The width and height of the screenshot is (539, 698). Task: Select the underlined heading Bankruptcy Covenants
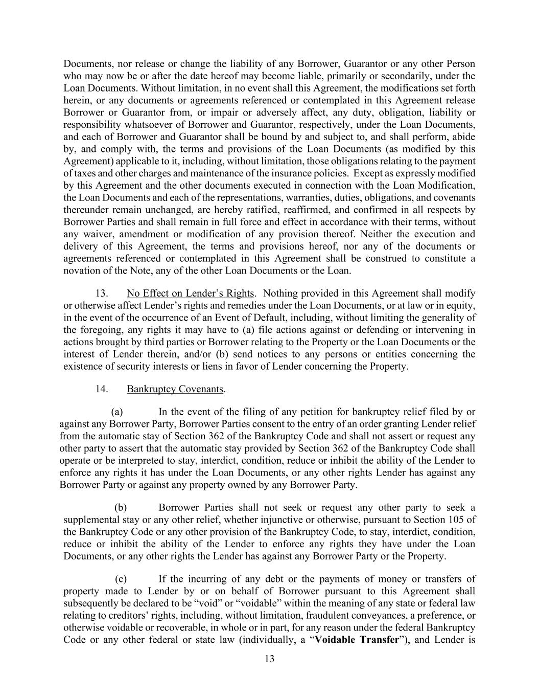point(175,389)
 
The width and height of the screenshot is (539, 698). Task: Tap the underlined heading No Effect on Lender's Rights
point(190,294)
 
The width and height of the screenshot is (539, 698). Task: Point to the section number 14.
point(101,389)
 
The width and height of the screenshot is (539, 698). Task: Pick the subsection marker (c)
point(121,579)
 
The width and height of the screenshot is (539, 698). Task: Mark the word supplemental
point(90,520)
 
